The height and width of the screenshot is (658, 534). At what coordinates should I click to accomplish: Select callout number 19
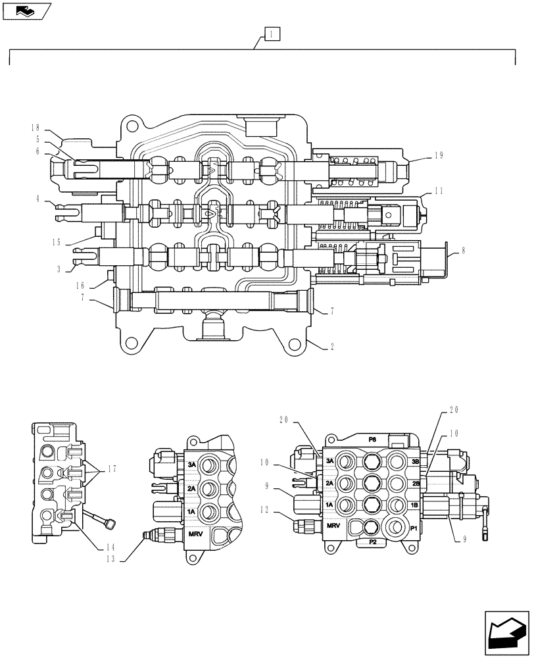click(x=439, y=156)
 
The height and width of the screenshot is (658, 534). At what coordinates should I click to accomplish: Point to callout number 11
click(x=439, y=191)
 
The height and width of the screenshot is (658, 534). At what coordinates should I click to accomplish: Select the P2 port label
click(x=372, y=542)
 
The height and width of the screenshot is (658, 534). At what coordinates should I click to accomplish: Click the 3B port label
click(x=415, y=462)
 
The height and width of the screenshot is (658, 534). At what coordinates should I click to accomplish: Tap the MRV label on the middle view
click(x=196, y=534)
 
